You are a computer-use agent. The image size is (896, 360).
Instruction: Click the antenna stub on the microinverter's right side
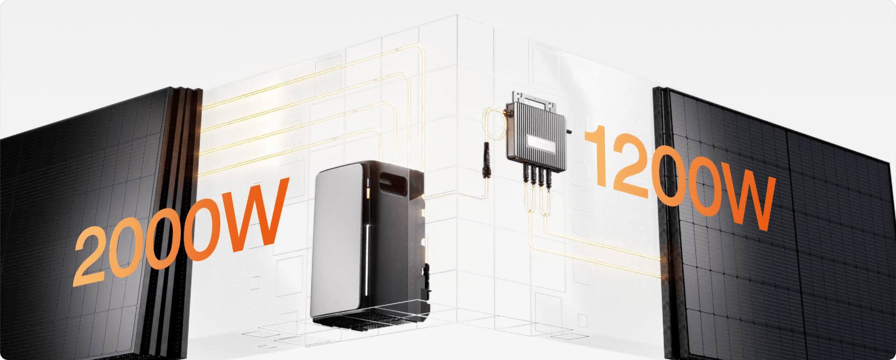click(x=569, y=132)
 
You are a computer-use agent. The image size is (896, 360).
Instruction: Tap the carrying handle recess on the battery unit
click(x=393, y=184)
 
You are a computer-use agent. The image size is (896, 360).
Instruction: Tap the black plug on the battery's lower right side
click(x=427, y=270)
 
